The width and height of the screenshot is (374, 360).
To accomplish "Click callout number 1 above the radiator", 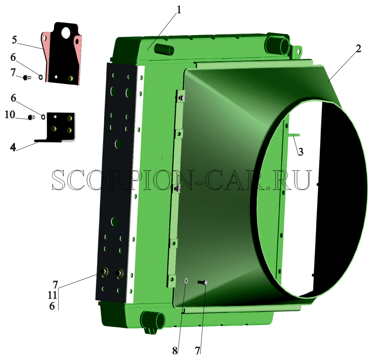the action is click(x=179, y=10).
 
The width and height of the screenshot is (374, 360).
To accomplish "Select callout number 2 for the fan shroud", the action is click(x=358, y=49).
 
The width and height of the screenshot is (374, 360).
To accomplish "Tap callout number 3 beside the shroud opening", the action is click(x=300, y=152).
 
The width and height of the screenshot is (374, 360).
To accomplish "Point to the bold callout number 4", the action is click(x=13, y=147).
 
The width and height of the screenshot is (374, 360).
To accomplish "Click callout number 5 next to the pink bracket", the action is click(x=15, y=40).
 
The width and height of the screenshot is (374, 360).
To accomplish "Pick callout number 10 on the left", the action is click(x=10, y=115).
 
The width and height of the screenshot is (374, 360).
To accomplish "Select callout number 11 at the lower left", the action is click(x=52, y=295).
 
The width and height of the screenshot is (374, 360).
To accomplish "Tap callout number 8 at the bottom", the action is click(x=175, y=350).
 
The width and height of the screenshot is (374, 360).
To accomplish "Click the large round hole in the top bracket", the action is click(x=65, y=33).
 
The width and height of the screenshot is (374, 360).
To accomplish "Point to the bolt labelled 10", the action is click(x=31, y=117).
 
